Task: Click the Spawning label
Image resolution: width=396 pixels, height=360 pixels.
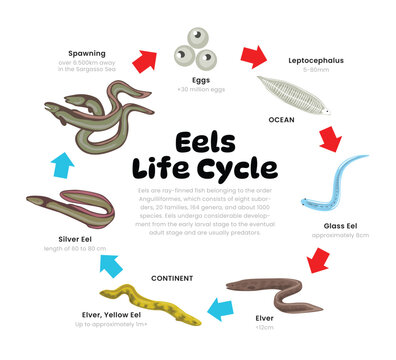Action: (x=86, y=53)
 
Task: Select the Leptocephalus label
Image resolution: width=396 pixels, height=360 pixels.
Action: (x=315, y=60)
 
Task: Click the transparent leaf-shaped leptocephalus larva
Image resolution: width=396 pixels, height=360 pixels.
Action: (x=291, y=94)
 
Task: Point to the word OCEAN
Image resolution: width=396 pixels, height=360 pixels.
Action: (x=282, y=119)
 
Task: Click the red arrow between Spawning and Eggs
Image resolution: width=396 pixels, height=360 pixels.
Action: (x=146, y=61)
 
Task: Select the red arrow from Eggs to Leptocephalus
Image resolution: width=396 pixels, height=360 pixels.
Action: (x=253, y=55)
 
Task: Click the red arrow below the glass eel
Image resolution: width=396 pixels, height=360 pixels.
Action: (x=319, y=260)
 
